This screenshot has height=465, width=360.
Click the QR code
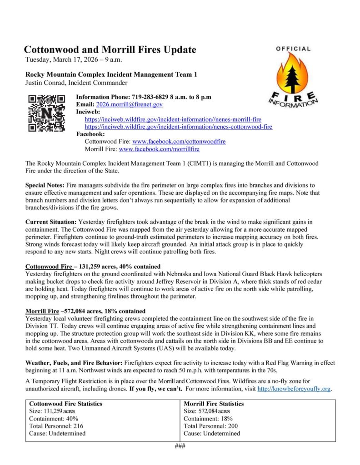[47, 112]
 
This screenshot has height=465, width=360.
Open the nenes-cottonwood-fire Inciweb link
[179, 127]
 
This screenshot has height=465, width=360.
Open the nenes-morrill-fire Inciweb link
[173, 119]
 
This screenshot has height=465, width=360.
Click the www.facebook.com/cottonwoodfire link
[179, 142]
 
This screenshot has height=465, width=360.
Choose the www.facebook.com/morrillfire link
[159, 149]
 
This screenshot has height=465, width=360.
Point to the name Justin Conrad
[45, 82]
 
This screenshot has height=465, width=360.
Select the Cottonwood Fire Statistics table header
[65, 404]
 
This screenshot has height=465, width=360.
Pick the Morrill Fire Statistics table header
[214, 404]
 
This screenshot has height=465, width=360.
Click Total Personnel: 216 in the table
[56, 426]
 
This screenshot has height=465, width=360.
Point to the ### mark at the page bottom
[180, 445]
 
